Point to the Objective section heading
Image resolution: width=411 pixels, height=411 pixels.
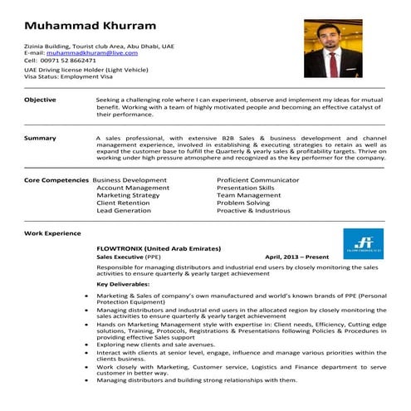41,100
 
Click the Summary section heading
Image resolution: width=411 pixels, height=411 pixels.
41,138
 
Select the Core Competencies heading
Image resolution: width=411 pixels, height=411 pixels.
56,180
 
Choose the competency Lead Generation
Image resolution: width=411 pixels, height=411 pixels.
124,211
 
